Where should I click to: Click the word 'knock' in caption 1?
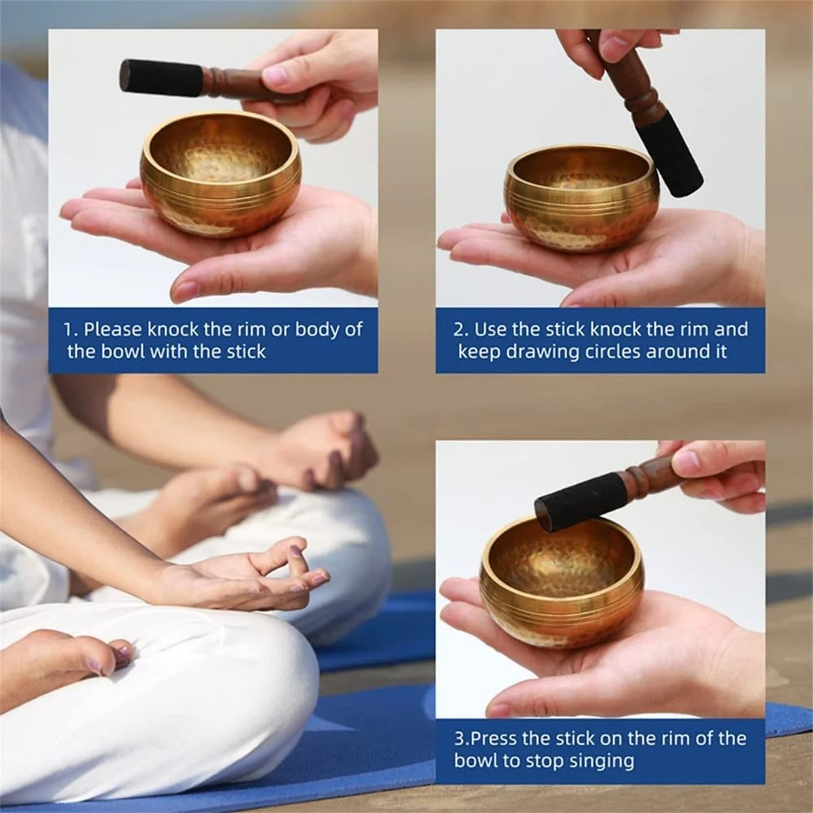tap(173, 330)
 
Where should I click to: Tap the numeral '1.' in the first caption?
tap(70, 330)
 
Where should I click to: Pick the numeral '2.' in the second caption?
tap(461, 330)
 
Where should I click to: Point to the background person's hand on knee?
tap(325, 447)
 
